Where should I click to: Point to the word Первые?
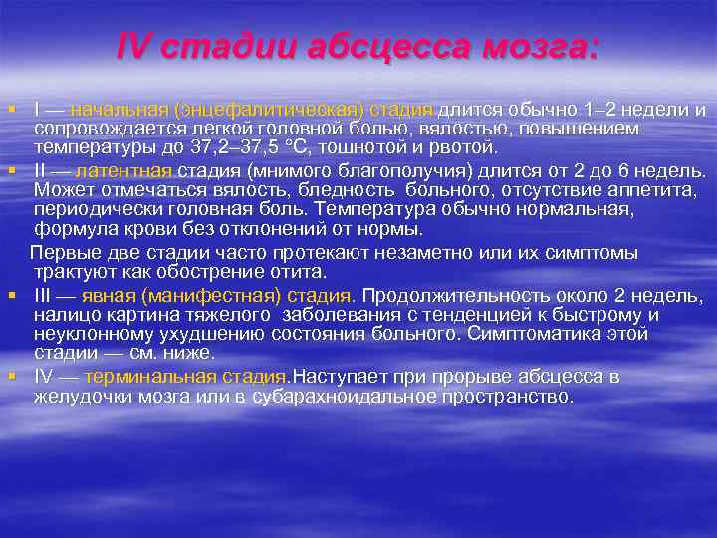(x=67, y=252)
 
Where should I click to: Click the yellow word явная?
(x=109, y=296)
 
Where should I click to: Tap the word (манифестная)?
(x=224, y=296)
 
